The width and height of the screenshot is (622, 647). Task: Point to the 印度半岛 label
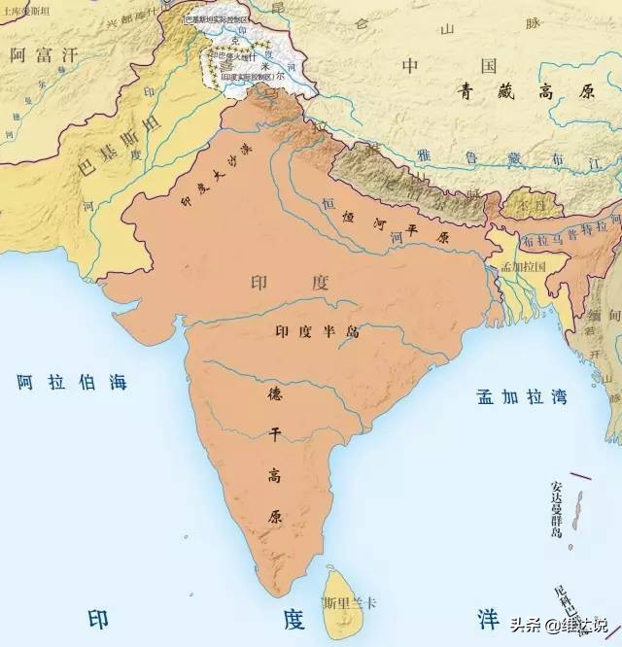tap(317, 331)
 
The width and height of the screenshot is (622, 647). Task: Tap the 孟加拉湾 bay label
tap(521, 396)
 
